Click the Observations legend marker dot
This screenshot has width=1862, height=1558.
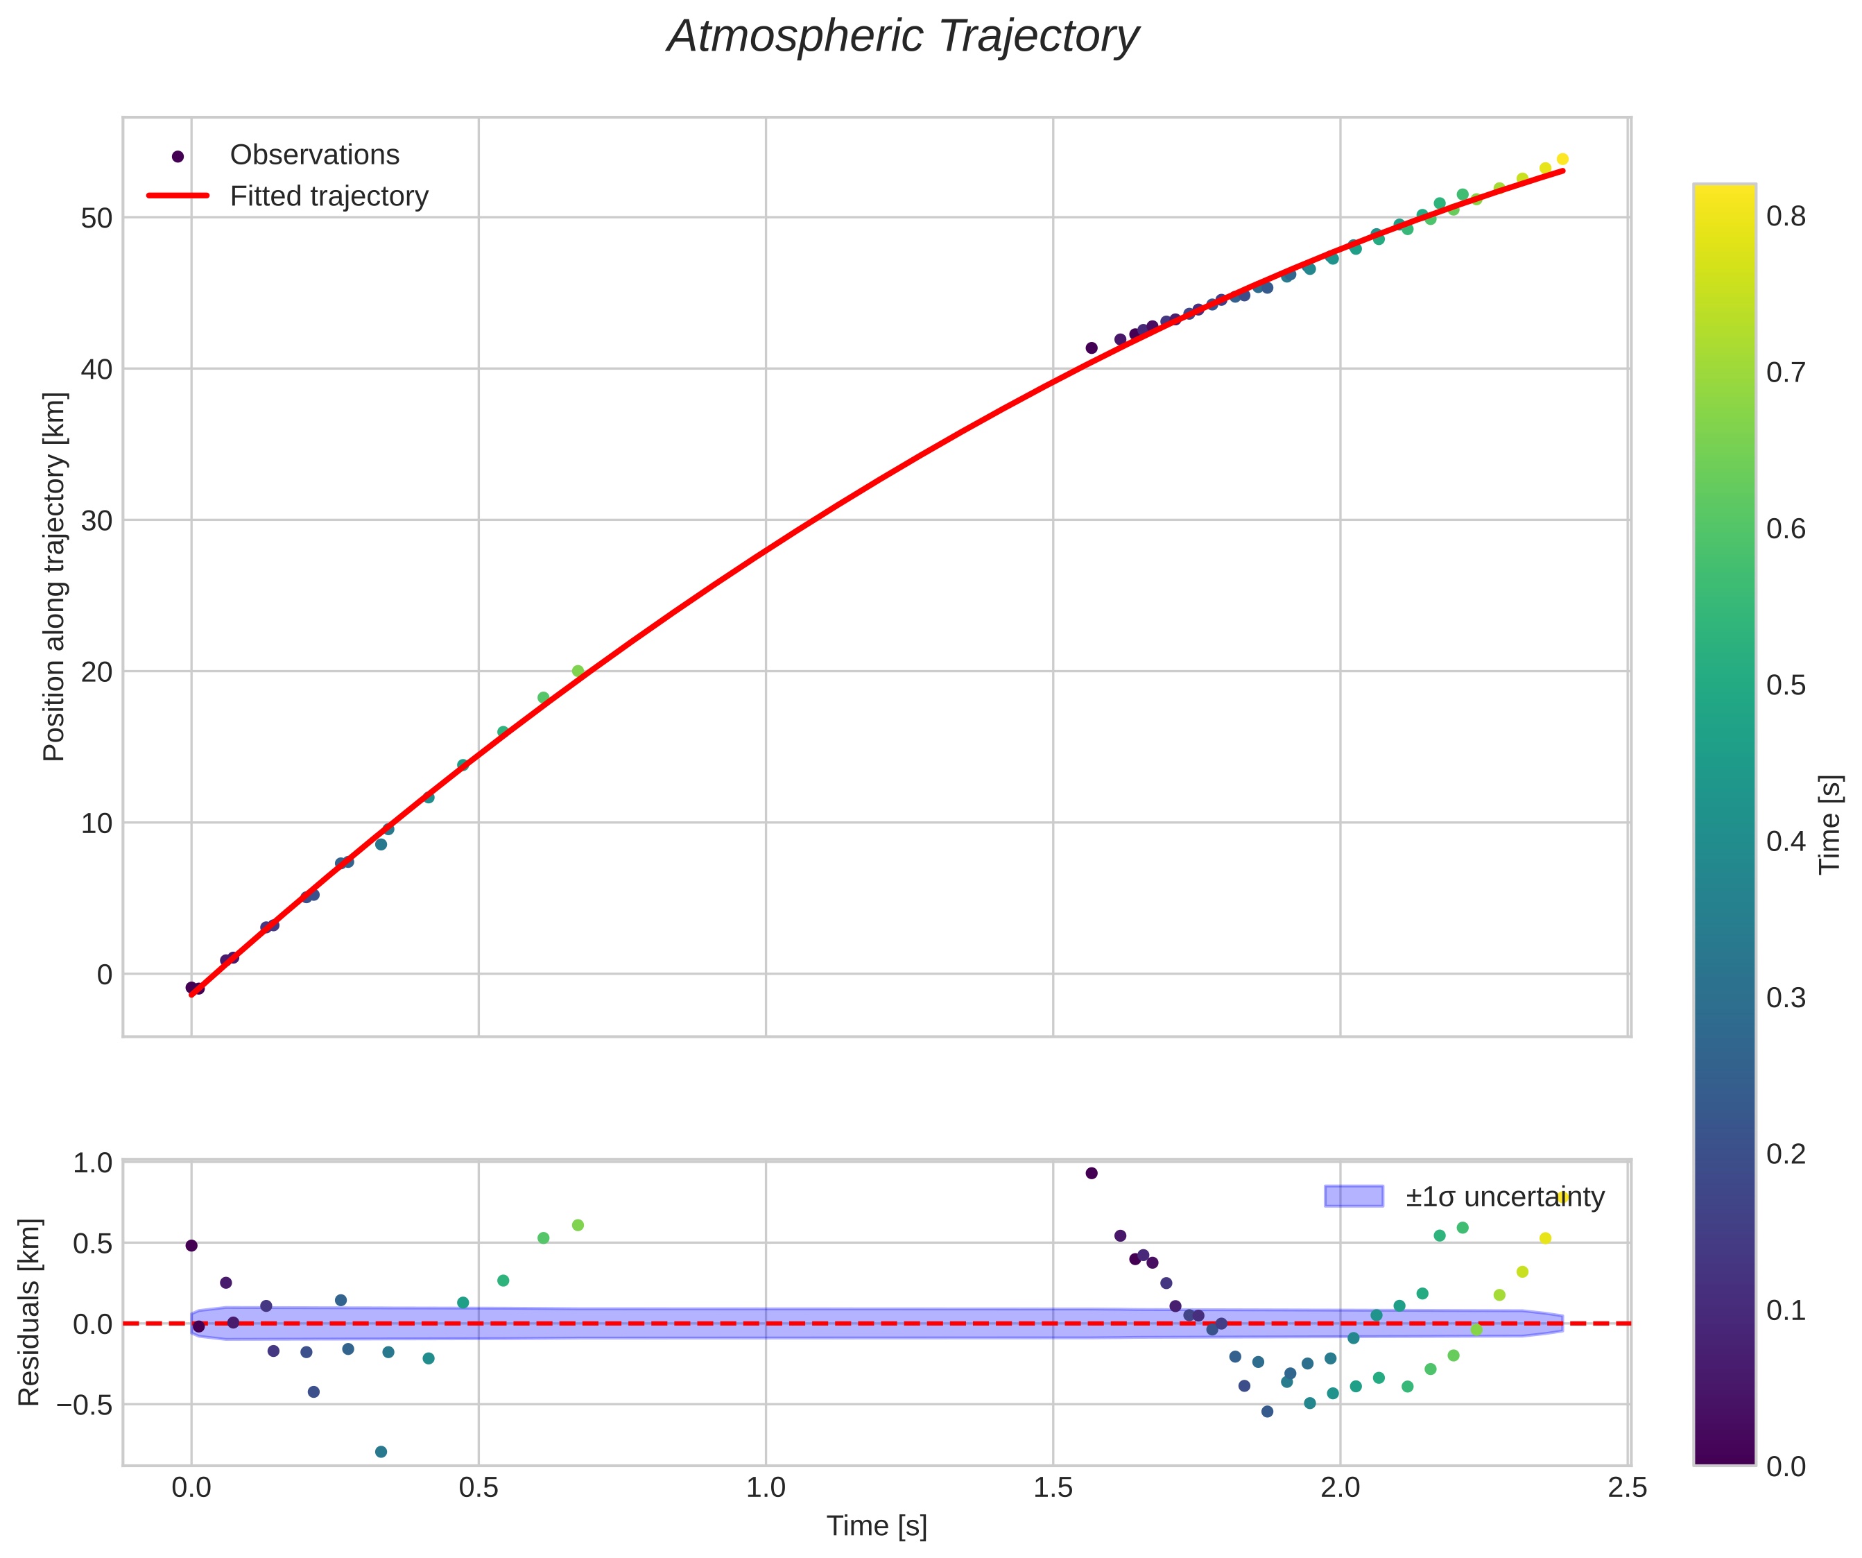pos(178,156)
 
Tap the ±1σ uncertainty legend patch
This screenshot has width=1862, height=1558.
pos(1353,1196)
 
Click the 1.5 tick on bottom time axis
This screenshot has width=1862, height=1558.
pos(1053,1488)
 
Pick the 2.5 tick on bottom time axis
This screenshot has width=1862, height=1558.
pos(1627,1488)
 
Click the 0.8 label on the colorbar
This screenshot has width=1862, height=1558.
pos(1786,217)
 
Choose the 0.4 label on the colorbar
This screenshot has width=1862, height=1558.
pos(1786,841)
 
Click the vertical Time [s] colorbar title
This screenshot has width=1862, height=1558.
pos(1830,825)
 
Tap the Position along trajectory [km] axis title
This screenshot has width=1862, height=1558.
pos(54,576)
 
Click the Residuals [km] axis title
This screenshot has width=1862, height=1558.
pos(29,1312)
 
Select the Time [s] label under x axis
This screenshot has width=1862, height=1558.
pos(876,1526)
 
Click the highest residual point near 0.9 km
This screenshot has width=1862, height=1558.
pos(1092,1173)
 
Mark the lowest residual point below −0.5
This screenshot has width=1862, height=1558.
pos(381,1452)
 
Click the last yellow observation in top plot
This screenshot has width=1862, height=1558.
pos(1562,160)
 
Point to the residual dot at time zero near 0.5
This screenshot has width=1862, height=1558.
pos(191,1246)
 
